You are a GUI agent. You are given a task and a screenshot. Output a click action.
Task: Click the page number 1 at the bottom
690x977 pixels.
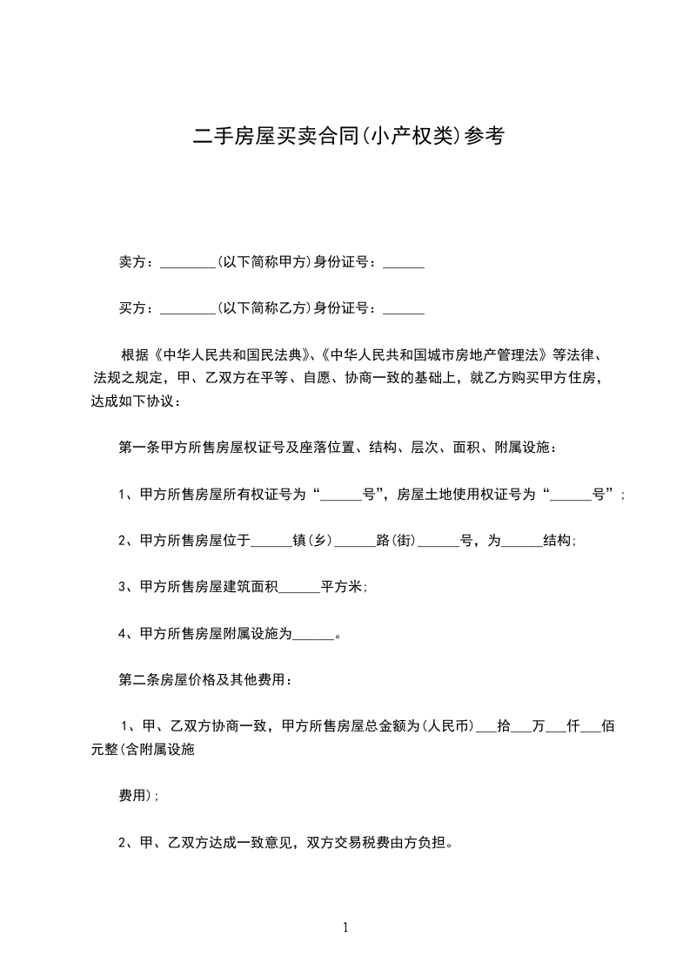tap(345, 927)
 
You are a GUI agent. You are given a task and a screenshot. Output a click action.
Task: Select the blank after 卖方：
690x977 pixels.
tap(188, 264)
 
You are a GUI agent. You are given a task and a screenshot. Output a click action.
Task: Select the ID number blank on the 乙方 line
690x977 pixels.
tap(404, 309)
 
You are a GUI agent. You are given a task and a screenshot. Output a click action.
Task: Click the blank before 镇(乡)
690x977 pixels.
tap(271, 542)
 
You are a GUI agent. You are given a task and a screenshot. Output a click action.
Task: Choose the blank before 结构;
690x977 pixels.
tap(522, 542)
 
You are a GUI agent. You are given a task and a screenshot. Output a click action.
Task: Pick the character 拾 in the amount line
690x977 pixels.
tap(503, 726)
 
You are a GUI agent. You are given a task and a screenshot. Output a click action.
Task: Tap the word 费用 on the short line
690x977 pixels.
tap(132, 795)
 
